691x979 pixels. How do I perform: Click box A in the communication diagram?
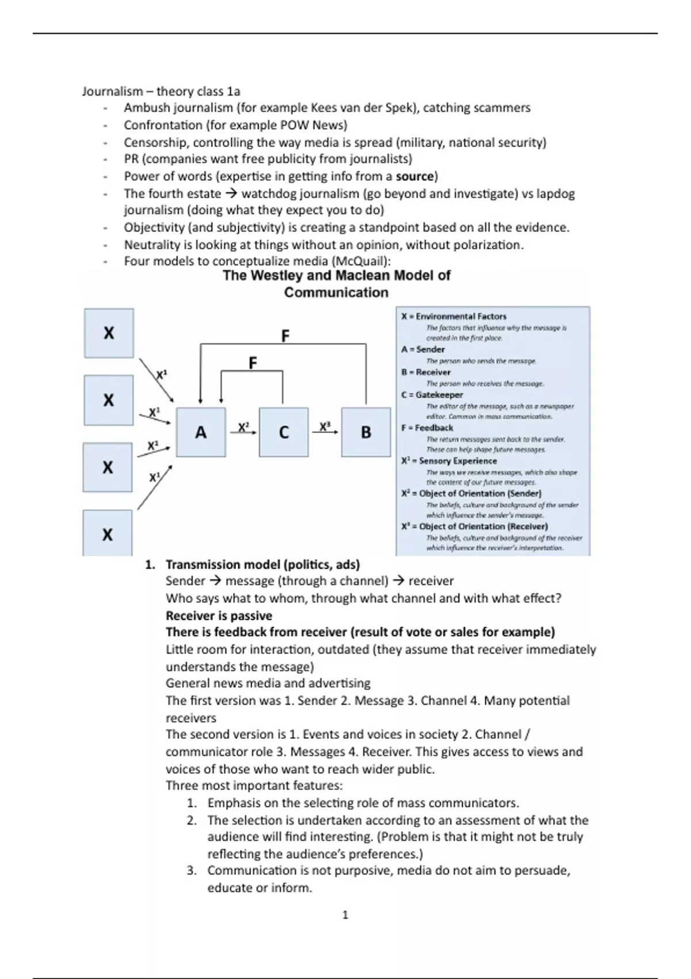200,432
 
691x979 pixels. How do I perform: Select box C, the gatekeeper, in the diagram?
283,432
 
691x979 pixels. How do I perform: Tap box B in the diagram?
366,432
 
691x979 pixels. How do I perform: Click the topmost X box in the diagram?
109,333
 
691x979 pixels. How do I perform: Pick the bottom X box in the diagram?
107,534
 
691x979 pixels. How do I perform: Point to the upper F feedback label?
285,336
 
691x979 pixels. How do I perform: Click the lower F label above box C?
252,363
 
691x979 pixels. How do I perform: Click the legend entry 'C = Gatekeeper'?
432,395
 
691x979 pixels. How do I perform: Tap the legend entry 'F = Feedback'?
427,428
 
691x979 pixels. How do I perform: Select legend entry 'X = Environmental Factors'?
454,316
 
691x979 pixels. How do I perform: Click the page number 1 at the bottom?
345,915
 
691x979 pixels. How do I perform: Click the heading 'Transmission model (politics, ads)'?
263,564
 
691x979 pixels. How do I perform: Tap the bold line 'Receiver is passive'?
219,615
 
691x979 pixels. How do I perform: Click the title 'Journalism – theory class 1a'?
161,91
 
